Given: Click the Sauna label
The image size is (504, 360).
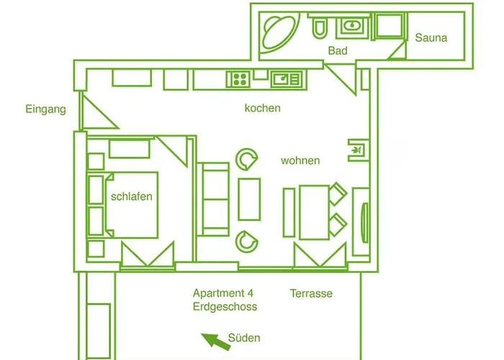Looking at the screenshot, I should (x=431, y=37).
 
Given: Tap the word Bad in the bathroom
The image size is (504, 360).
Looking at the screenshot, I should (x=338, y=51).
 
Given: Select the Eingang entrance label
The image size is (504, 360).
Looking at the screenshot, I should (x=45, y=110).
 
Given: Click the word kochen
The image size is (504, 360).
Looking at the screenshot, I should (x=262, y=109).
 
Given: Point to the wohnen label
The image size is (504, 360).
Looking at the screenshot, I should (x=300, y=161).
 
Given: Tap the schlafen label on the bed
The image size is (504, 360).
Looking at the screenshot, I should (x=132, y=197).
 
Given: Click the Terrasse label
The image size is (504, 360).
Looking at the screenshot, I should (x=311, y=294).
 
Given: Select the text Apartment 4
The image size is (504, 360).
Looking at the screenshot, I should (x=223, y=293).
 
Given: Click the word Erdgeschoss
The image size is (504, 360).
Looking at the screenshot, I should (x=225, y=307).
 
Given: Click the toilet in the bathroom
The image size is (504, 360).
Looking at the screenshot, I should (x=320, y=29).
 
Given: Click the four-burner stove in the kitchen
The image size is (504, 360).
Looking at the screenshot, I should (x=238, y=78).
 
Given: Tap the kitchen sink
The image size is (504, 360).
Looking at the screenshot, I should (x=289, y=78).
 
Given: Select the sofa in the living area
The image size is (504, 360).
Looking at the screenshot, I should (x=214, y=199).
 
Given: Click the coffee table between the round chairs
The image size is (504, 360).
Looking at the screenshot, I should (x=249, y=199).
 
